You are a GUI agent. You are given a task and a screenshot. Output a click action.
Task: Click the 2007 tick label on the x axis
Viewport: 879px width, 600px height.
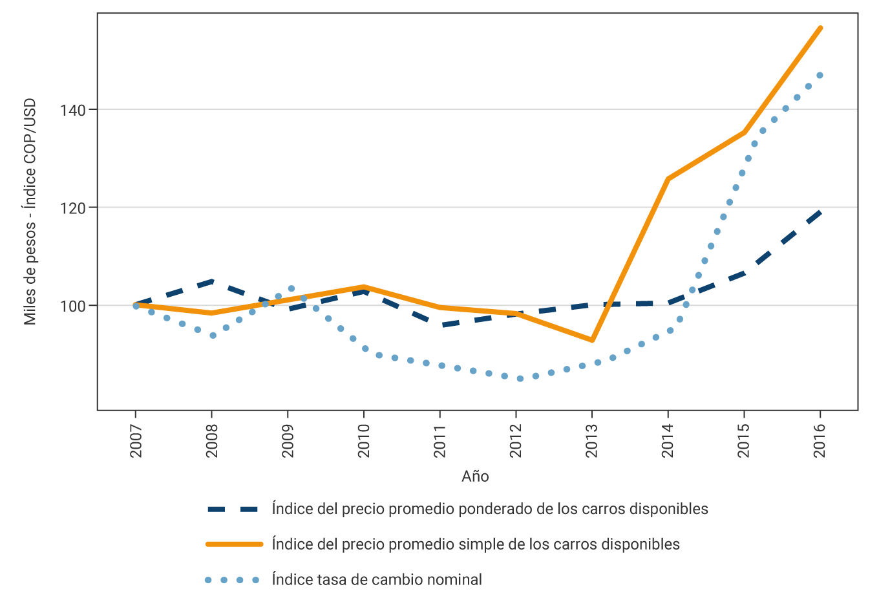(x=136, y=440)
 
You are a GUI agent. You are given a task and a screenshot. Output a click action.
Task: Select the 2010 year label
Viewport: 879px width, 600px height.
(x=364, y=440)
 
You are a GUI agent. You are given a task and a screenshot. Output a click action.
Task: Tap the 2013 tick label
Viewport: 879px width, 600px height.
(x=592, y=440)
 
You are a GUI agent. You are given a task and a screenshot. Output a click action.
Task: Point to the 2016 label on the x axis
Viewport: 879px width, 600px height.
(x=820, y=440)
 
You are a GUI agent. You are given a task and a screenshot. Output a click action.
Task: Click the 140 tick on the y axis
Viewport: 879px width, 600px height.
(x=73, y=110)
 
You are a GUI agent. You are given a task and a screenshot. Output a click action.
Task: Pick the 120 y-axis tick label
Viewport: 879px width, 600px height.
(x=73, y=208)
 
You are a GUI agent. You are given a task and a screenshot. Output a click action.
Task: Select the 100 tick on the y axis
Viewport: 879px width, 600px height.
(x=73, y=306)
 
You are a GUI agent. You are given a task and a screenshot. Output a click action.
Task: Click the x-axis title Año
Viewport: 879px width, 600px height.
(x=475, y=477)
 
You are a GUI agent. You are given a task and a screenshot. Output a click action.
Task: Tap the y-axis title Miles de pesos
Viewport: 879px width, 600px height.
(x=30, y=212)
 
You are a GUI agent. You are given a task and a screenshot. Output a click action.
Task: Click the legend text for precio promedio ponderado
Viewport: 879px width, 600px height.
(x=490, y=509)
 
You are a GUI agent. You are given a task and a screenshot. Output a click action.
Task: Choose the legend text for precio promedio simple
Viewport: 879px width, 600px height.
(x=476, y=544)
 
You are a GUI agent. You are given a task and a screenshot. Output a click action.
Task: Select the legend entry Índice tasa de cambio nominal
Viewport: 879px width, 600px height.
(x=377, y=580)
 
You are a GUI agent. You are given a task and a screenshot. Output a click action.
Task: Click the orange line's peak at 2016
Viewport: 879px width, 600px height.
(x=820, y=28)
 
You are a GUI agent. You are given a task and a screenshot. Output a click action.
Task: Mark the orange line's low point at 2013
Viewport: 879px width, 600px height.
(x=592, y=340)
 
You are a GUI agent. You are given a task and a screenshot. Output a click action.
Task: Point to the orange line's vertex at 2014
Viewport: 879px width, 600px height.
(x=668, y=179)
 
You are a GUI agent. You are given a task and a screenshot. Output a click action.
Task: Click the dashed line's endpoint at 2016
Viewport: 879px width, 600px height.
(x=820, y=212)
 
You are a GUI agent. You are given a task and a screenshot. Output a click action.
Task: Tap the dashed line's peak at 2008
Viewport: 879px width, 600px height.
(x=212, y=281)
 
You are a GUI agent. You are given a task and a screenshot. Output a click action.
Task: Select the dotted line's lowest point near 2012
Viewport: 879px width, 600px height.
(x=520, y=378)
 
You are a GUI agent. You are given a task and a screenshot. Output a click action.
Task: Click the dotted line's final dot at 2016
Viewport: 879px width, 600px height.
(x=820, y=76)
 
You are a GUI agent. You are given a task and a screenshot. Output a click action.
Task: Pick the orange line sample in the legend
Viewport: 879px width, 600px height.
(x=234, y=544)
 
